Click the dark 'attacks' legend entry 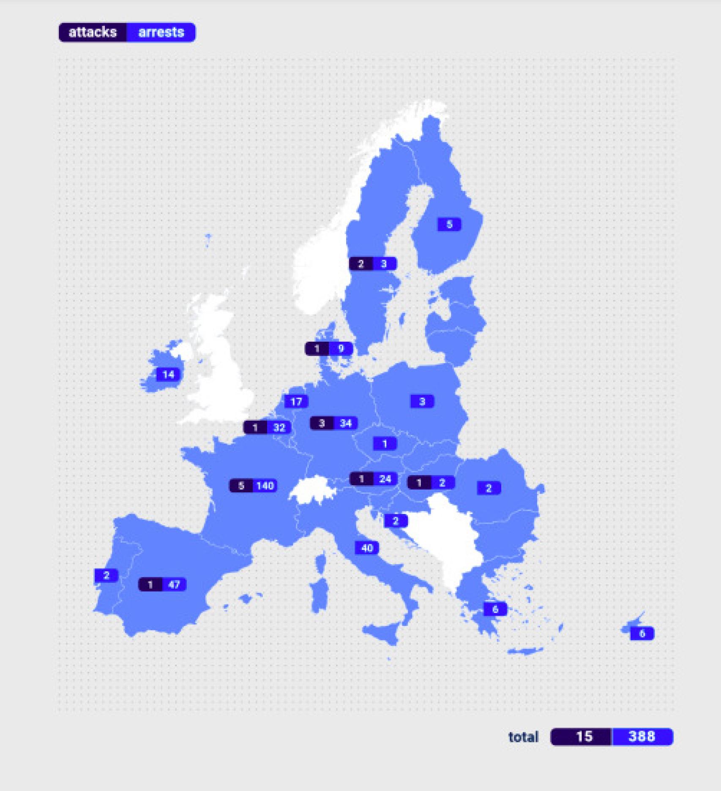pos(93,33)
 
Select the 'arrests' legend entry pos(161,33)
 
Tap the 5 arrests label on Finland pos(449,224)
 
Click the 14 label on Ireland pos(168,375)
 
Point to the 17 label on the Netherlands pos(296,402)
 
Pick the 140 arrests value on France pos(265,486)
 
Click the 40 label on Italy pos(367,548)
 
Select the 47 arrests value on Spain pos(174,584)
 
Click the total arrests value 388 pos(642,737)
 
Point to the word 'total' pos(523,737)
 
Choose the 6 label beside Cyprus pos(642,633)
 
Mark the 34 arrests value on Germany pos(346,423)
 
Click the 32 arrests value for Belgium pos(279,427)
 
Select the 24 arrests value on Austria pos(385,479)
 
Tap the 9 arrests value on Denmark pos(341,349)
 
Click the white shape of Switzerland pos(313,490)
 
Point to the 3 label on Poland pos(422,401)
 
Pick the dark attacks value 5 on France pos(241,486)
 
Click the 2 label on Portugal pos(107,575)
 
